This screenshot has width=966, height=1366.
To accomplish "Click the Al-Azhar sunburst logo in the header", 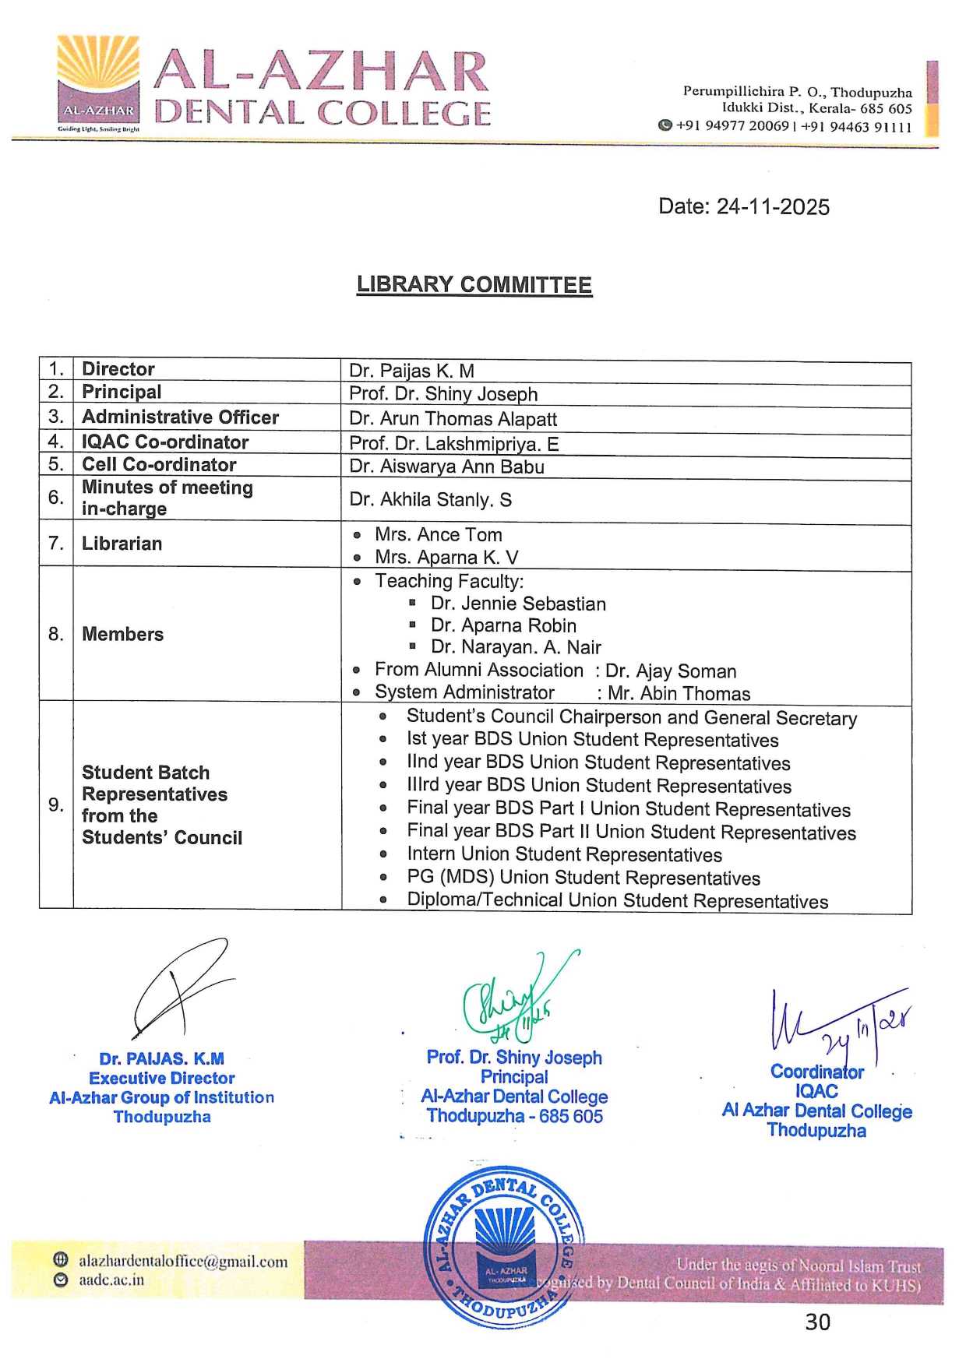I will coord(98,83).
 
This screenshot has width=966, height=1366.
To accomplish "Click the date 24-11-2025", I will coord(743,206).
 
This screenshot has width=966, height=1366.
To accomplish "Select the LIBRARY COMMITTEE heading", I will coord(474,285).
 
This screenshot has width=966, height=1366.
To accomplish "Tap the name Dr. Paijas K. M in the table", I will coord(411,371).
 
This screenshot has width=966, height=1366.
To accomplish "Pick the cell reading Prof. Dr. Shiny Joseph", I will coord(443,394).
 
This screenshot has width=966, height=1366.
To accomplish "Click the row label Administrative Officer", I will coord(180,417).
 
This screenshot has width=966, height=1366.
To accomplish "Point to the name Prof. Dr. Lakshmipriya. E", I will coord(453,444).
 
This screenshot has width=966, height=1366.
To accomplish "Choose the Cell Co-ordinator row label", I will coord(159,465).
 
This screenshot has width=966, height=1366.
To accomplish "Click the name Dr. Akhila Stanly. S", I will coord(430,500).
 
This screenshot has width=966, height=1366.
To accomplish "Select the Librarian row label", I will coord(122,544).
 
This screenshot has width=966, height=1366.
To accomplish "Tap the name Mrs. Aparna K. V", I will coord(446,558).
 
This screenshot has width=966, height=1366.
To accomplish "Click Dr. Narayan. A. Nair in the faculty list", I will coord(516,647).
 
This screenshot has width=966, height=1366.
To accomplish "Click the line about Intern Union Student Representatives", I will coord(564,855).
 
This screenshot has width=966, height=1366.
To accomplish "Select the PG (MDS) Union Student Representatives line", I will coord(583,878).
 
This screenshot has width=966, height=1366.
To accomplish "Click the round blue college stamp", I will coord(504,1246).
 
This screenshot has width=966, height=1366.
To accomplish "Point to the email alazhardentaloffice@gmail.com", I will coord(182,1262).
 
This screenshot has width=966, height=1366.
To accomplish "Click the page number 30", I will coord(817,1322).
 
